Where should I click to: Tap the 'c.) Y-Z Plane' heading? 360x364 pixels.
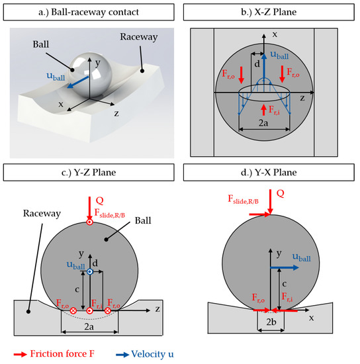pos(90,174)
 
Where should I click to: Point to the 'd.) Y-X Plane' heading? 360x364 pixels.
pos(268,174)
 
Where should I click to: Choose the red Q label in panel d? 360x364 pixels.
pos(280,195)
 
